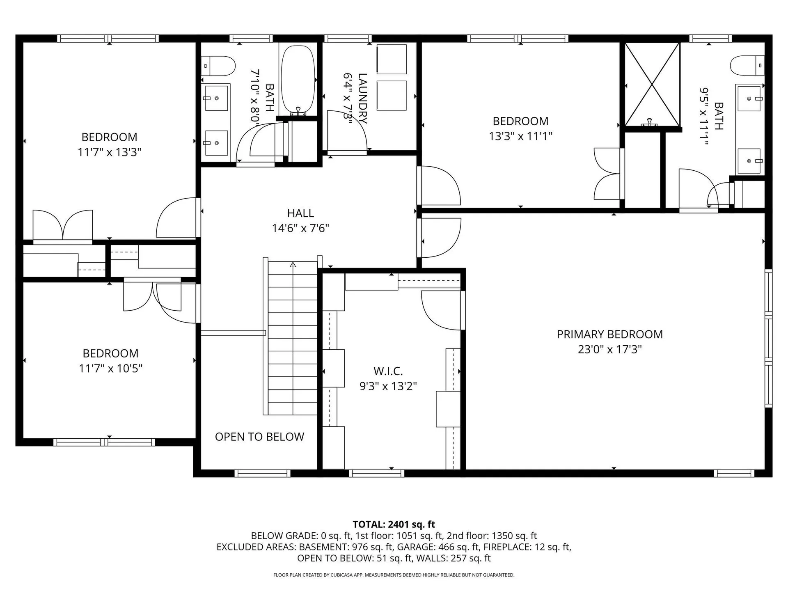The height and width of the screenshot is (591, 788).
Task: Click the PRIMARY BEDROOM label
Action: (609, 334)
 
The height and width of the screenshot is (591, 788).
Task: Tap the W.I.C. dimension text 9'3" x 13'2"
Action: (388, 386)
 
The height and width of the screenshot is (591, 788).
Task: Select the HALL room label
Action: (300, 213)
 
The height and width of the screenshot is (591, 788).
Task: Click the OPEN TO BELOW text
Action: (259, 437)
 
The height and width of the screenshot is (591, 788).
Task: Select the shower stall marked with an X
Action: (652, 84)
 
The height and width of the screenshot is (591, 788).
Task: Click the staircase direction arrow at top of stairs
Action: (293, 265)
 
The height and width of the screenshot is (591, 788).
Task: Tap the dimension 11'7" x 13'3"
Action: (109, 152)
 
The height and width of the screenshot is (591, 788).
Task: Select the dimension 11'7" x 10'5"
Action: (110, 369)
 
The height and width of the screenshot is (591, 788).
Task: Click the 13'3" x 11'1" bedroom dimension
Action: (520, 136)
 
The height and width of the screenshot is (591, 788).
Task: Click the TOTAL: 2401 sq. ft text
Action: (394, 524)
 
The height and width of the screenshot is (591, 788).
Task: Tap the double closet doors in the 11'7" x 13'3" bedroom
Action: (63, 226)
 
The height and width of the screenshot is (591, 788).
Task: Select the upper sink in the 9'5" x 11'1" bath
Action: (749, 98)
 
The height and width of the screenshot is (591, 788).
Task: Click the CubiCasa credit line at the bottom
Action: (394, 575)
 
